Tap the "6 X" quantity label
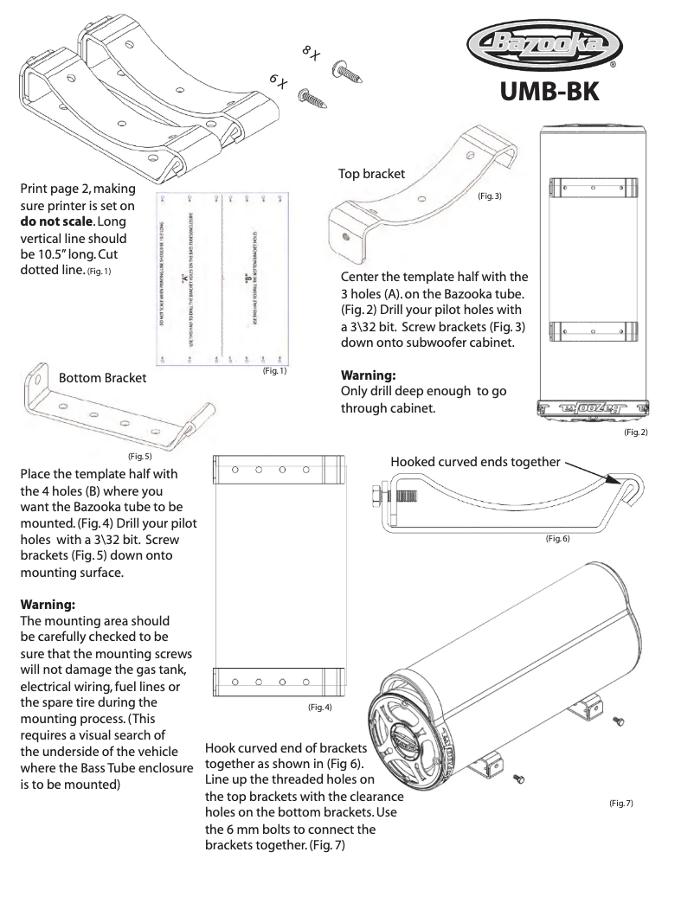coord(278,80)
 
